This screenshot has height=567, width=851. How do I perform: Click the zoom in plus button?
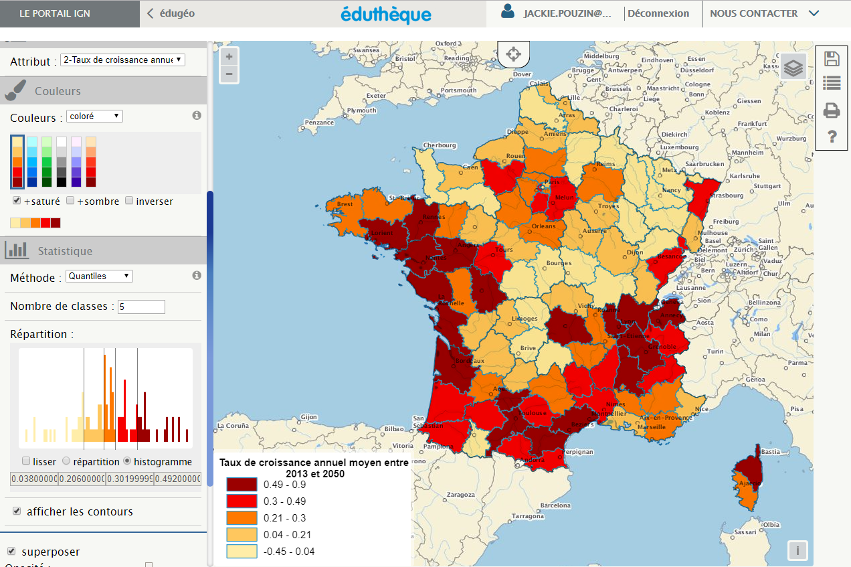[229, 57]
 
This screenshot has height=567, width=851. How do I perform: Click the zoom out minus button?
[229, 74]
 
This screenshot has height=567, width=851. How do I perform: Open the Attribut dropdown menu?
[122, 60]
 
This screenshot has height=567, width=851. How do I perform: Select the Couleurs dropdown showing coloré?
[94, 116]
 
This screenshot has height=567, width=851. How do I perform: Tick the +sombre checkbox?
[70, 201]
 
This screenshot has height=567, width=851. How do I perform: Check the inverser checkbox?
[129, 201]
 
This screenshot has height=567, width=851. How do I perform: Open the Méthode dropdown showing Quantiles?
[99, 276]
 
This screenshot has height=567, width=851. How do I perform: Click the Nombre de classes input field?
[141, 307]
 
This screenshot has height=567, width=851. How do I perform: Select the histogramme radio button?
[126, 461]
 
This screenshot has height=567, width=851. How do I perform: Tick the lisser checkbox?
[26, 461]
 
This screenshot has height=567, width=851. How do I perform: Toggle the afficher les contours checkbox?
[17, 511]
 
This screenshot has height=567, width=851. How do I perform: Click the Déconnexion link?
[658, 13]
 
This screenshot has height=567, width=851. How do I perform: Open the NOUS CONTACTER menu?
[763, 13]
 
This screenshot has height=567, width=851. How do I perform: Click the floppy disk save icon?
[832, 58]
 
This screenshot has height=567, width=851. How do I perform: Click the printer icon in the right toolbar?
[832, 110]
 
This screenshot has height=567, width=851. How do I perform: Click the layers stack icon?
[793, 68]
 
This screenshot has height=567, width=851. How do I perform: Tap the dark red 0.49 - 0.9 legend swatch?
[241, 485]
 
